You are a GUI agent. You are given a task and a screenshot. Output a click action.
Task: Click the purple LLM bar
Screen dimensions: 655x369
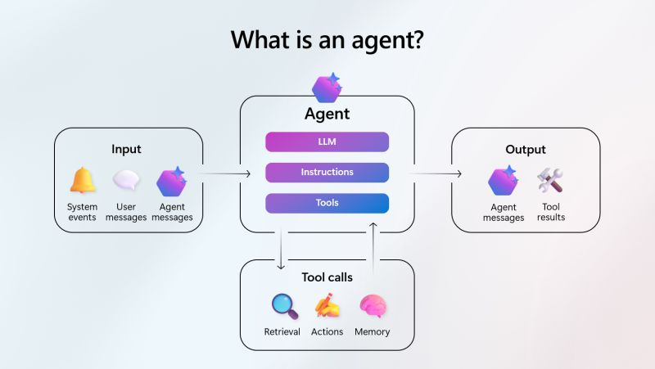click(327, 142)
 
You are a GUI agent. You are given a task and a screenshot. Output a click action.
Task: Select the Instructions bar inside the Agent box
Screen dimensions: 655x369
click(327, 173)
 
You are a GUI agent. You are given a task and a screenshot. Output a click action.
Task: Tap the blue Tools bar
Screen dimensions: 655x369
click(327, 203)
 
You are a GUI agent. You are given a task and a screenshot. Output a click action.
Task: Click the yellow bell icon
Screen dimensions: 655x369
click(83, 180)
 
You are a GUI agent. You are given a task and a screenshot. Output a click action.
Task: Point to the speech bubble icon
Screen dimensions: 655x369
click(126, 180)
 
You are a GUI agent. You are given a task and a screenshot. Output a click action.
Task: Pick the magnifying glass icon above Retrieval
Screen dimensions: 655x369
click(285, 306)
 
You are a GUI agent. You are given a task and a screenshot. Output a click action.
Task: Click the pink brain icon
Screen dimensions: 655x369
click(373, 306)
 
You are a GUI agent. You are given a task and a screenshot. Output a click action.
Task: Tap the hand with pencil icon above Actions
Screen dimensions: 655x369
click(327, 305)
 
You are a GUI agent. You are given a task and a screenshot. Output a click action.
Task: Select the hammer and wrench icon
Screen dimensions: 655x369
click(550, 180)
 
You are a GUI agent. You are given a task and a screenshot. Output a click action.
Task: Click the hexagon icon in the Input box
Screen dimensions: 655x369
click(171, 182)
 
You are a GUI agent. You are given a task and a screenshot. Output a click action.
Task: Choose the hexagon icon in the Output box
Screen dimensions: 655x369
click(503, 181)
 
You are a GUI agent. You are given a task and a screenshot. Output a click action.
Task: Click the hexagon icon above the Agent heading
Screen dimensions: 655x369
click(327, 88)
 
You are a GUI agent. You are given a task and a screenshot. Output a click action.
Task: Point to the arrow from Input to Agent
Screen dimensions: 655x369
click(224, 173)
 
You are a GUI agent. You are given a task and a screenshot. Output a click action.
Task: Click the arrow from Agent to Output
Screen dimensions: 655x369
click(436, 173)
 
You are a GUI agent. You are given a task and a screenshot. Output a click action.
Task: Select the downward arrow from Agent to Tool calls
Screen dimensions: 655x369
click(281, 249)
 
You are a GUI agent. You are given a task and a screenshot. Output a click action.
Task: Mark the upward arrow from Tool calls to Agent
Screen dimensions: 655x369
click(373, 249)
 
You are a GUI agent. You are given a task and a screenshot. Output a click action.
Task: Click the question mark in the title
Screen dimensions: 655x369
click(417, 40)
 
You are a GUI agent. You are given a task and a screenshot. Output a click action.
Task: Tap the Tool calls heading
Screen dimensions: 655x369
click(327, 277)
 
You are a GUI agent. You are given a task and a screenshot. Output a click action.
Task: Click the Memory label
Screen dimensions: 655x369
click(373, 332)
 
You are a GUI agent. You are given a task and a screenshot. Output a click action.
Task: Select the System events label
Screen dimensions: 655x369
click(83, 212)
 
